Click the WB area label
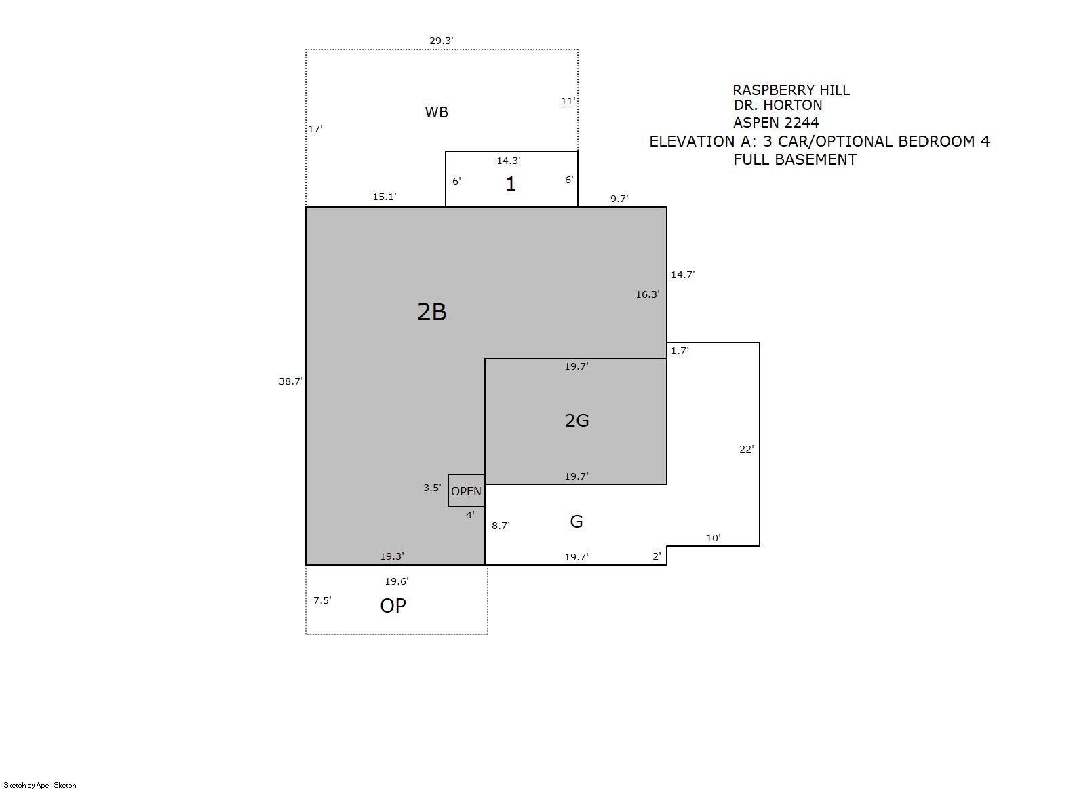(x=436, y=113)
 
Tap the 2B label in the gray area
(x=432, y=312)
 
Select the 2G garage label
(x=577, y=421)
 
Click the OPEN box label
(x=466, y=491)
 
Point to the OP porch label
(x=393, y=606)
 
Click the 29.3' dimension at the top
(x=442, y=41)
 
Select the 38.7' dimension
(x=291, y=381)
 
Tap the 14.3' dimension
(x=509, y=161)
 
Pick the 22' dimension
(x=747, y=449)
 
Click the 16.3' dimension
(x=648, y=294)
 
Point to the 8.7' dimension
(x=501, y=526)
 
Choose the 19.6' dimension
(x=397, y=581)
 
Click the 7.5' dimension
(x=323, y=600)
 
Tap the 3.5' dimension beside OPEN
(x=432, y=488)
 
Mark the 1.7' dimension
(x=680, y=351)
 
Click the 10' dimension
(x=714, y=538)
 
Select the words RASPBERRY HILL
(x=791, y=90)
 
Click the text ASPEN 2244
(x=776, y=123)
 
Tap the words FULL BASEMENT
(x=795, y=160)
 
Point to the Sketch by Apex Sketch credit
(x=40, y=785)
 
